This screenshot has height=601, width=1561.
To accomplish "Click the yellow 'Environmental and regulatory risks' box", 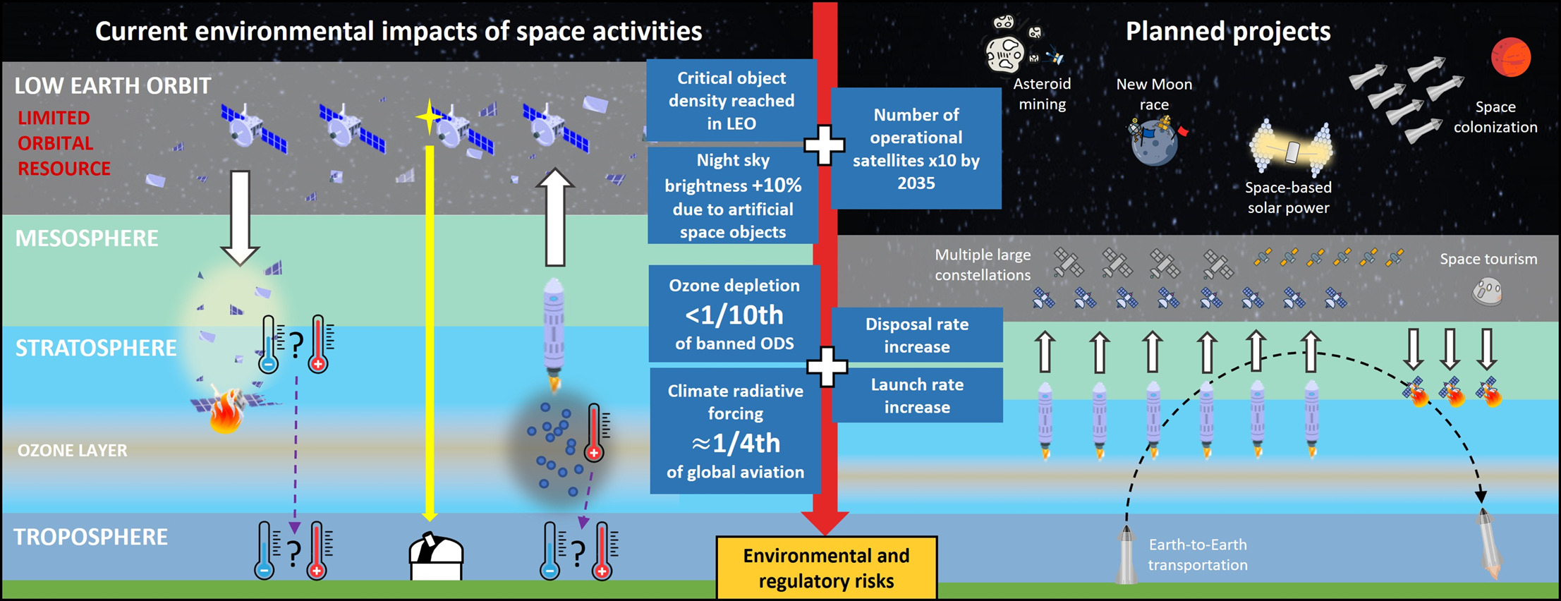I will (x=826, y=568).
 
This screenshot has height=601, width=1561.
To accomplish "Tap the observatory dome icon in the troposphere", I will (x=436, y=557).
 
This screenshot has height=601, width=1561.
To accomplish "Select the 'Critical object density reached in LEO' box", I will (x=731, y=100).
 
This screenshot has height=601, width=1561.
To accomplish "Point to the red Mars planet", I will (x=1510, y=57).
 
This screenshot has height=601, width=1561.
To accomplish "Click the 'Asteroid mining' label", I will (x=1042, y=94).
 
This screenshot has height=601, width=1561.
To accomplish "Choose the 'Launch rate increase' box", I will (x=917, y=396).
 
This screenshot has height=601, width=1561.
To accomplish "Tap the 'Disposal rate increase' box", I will (x=917, y=335).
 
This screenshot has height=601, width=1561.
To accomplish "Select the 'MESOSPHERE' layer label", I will (x=87, y=238).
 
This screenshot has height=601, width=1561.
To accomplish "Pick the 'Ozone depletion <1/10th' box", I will (x=734, y=314).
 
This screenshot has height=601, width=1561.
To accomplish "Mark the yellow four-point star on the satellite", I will (x=428, y=118).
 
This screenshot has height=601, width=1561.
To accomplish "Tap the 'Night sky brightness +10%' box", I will (x=733, y=195).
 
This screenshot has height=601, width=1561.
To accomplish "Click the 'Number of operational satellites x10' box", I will (x=916, y=149).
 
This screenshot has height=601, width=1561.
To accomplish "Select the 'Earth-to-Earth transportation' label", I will (x=1197, y=554).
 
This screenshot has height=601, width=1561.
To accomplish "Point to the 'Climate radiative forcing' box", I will (x=735, y=430).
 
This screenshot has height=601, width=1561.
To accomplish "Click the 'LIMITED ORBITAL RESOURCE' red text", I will (x=63, y=143).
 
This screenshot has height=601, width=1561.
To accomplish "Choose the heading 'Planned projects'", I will (x=1227, y=31).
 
